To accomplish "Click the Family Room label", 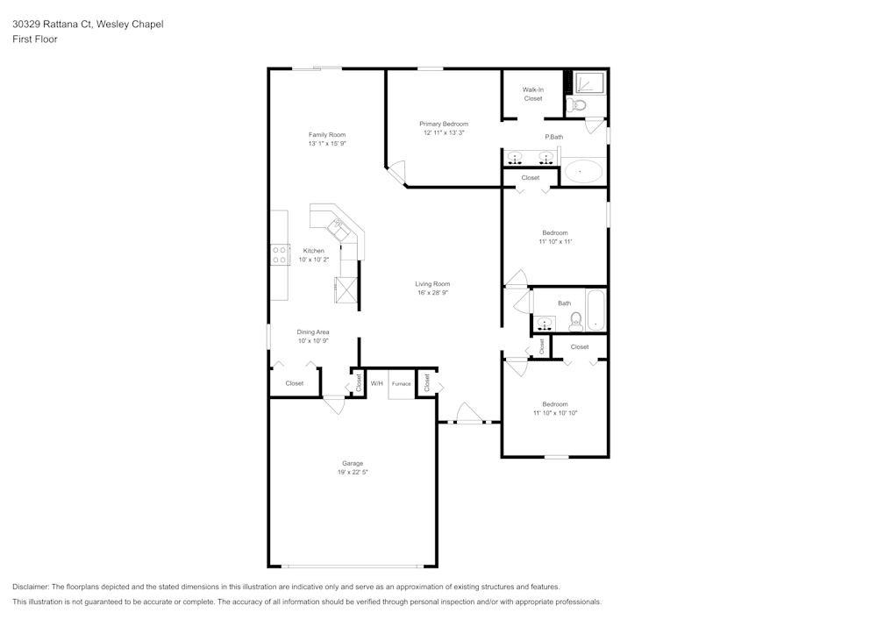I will [x=326, y=135].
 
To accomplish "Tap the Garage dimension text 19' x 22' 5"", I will [x=352, y=473].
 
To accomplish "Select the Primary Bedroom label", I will [x=443, y=125].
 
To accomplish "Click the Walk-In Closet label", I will [x=533, y=94].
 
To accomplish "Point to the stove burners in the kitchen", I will [x=280, y=254].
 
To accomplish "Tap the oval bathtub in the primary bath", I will [x=583, y=171].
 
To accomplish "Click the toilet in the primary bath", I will [x=575, y=106].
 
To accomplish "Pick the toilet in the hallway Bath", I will [x=576, y=322].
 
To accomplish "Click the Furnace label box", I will [x=401, y=384].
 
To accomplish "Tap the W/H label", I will [x=376, y=384].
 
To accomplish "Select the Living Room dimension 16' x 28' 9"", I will [x=432, y=293].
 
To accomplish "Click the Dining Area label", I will [x=312, y=332].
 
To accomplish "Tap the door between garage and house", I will [x=334, y=403].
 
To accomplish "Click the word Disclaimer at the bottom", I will [x=31, y=587].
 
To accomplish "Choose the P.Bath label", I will [x=553, y=137].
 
